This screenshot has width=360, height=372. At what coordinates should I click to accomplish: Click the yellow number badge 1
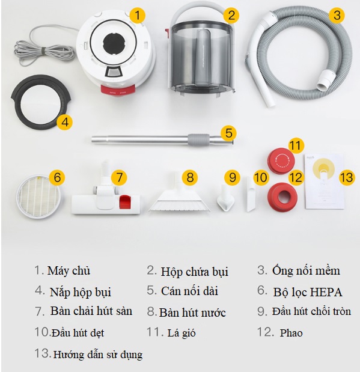pos(138,15)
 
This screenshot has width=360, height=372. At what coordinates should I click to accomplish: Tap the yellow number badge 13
pos(347,177)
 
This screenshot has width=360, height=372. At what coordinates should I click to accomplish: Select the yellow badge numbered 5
pos(229,133)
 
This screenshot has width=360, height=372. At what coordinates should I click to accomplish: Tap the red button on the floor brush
pos(124,202)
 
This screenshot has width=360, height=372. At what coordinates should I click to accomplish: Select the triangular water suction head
pos(180,198)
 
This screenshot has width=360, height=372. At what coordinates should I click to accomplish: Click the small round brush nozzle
pos(225,199)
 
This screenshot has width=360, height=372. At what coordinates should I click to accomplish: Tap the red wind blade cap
pos(281,161)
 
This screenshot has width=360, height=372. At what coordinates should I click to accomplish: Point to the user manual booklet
pos(324,181)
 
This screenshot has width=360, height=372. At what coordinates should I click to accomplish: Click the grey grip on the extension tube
pos(199,139)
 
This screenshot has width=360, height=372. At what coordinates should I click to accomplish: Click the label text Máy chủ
pos(69,270)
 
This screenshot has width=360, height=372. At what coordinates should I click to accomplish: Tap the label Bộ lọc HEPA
pos(308,292)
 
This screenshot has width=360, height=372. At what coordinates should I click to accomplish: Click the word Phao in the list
pos(291,333)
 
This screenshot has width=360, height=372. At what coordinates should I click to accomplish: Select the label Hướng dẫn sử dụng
pos(98,355)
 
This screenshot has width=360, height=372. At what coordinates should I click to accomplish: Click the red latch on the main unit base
pos(118,90)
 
